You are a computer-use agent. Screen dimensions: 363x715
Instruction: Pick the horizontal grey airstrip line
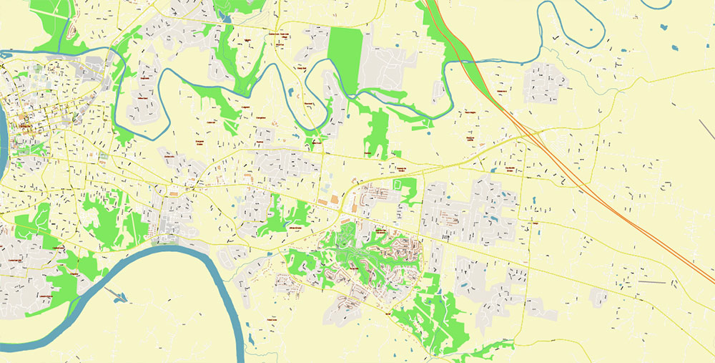651,282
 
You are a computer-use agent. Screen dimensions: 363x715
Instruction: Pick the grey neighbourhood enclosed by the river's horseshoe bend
143,100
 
